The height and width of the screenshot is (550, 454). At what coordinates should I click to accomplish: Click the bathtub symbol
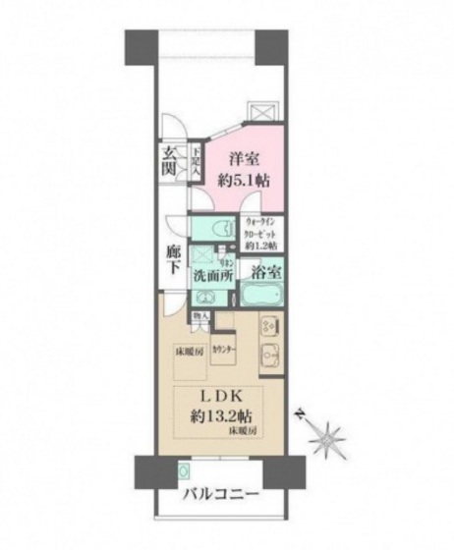click(263, 296)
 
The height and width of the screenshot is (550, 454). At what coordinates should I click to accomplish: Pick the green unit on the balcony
click(184, 470)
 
